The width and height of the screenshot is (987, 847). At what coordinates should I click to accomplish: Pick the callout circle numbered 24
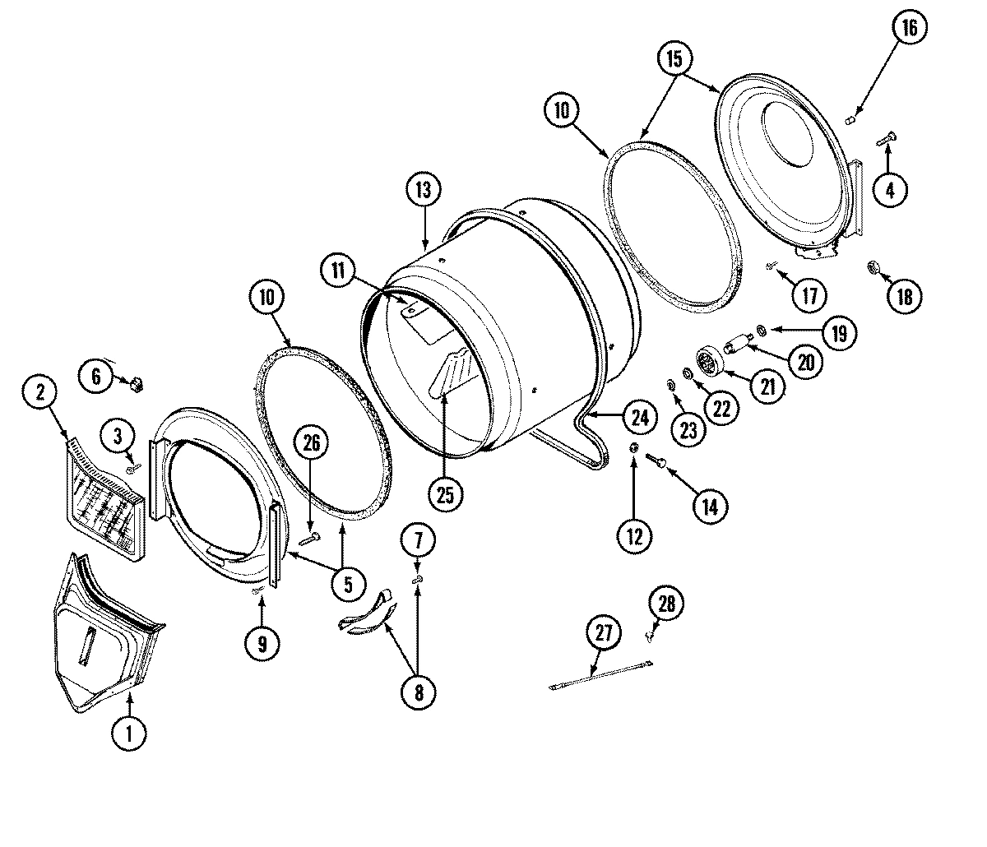click(x=639, y=417)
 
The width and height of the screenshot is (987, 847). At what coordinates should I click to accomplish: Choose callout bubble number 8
click(x=419, y=692)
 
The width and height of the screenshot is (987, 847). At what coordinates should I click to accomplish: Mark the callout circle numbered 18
click(x=904, y=296)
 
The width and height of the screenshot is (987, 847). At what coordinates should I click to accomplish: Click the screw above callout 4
click(x=887, y=140)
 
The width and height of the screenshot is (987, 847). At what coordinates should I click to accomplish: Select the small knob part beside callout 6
click(x=137, y=382)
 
